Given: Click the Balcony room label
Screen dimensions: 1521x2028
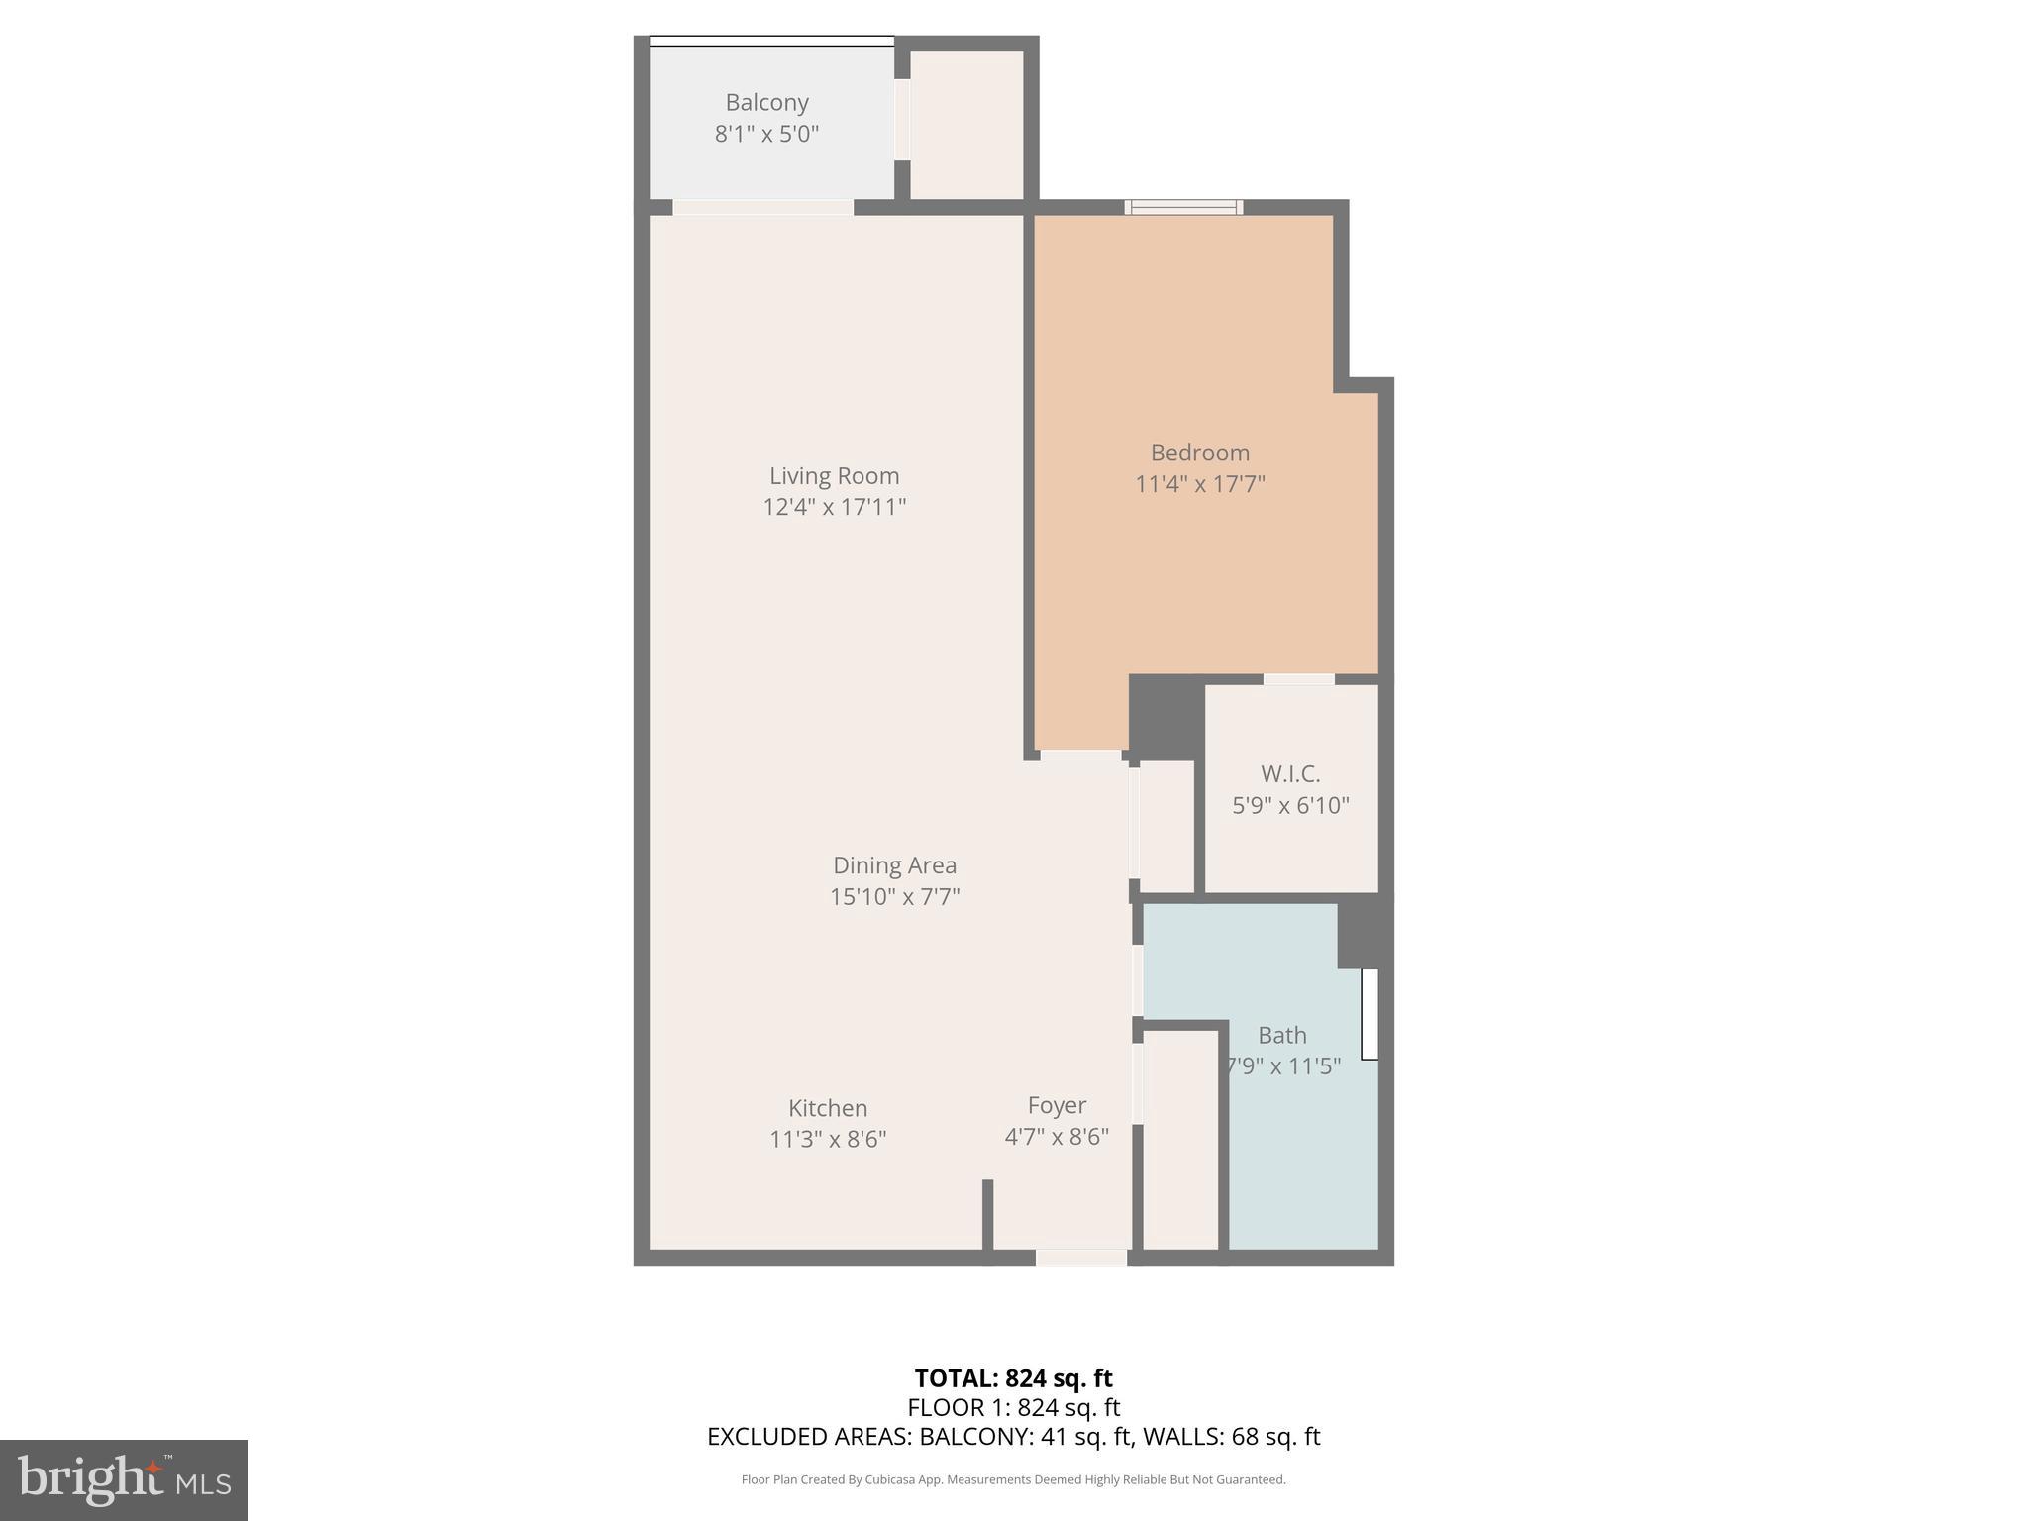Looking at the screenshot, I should [x=766, y=103].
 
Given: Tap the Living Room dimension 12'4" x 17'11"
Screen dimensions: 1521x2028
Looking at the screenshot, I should [x=834, y=507].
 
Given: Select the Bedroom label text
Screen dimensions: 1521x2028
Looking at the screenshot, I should [x=1199, y=453].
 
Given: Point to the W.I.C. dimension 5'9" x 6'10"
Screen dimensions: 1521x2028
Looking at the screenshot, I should [x=1290, y=805].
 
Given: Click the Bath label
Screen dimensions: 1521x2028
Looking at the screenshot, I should [x=1281, y=1035].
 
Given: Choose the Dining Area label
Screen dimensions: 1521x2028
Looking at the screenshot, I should [x=894, y=865].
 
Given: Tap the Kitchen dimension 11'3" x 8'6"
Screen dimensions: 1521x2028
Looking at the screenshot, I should [x=827, y=1139].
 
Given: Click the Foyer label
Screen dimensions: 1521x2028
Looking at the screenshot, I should [x=1057, y=1105].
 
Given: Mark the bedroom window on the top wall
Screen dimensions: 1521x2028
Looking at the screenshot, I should [x=1183, y=207].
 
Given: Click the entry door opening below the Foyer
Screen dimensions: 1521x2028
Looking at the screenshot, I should [x=1080, y=1257].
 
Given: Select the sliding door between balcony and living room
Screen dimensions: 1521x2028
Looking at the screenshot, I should [x=762, y=207].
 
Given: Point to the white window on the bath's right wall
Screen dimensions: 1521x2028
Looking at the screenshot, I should [x=1369, y=1014].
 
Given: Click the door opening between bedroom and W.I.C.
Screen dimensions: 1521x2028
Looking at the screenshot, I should [x=1298, y=679].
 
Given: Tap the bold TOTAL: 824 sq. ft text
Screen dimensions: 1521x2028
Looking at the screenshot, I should [x=1013, y=1378].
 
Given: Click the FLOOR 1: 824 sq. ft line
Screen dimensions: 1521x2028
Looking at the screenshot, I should [x=1013, y=1407].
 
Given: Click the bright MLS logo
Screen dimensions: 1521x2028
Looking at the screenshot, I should [x=124, y=1479].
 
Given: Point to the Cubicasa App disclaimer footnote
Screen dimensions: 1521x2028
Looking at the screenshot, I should [x=1013, y=1479].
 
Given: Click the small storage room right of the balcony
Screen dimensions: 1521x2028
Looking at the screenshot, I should [x=966, y=124].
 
